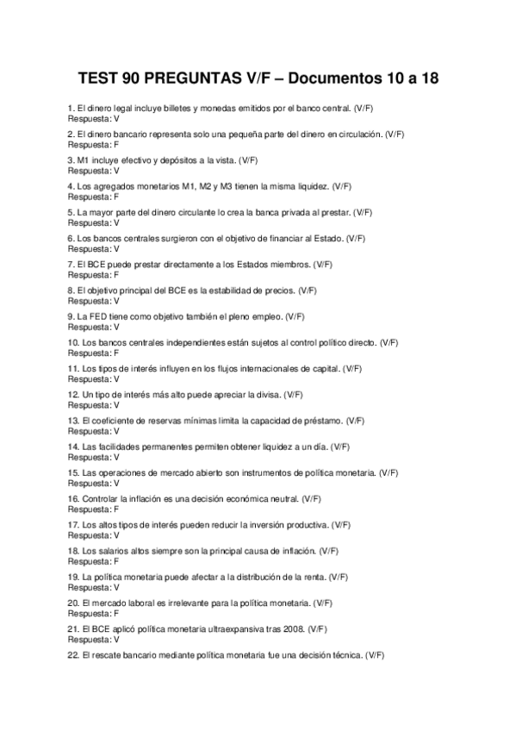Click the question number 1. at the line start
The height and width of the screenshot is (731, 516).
(71, 107)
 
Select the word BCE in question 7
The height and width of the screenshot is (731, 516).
(92, 264)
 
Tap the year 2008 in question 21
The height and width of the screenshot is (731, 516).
(290, 628)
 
